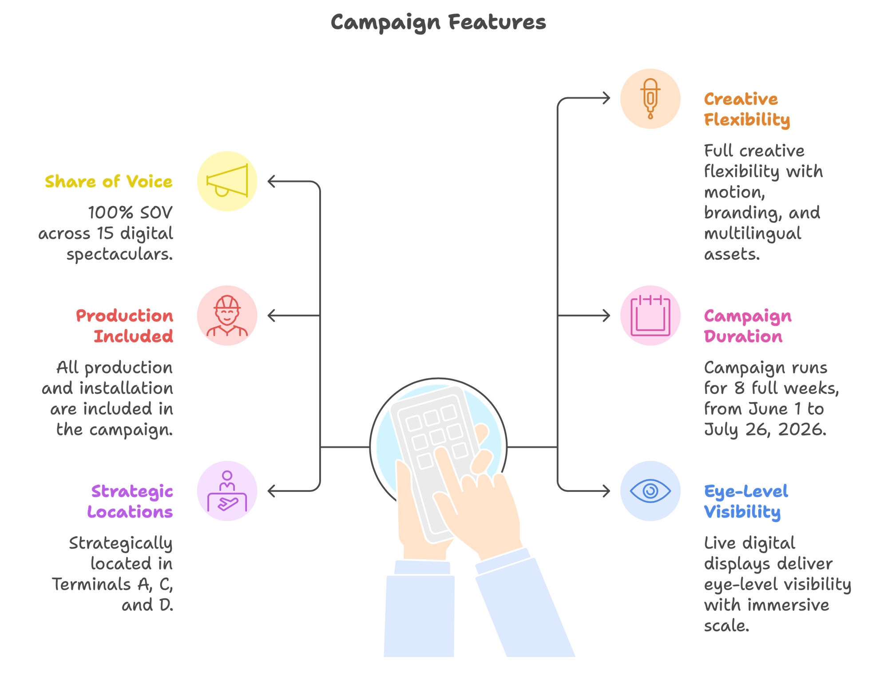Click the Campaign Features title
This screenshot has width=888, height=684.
click(x=438, y=22)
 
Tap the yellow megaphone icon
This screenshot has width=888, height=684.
click(x=227, y=181)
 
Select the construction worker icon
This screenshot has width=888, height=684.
click(x=227, y=316)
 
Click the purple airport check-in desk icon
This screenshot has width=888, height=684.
click(x=227, y=491)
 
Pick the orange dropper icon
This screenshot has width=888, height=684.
click(x=650, y=99)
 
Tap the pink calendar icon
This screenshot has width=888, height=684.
click(x=650, y=316)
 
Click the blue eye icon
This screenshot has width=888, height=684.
click(x=650, y=491)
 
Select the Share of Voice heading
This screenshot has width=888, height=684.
click(x=109, y=182)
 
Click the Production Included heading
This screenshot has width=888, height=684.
click(x=125, y=326)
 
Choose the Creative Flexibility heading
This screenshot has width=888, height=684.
click(x=747, y=109)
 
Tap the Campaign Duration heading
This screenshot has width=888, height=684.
click(x=748, y=326)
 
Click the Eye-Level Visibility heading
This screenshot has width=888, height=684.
click(x=746, y=502)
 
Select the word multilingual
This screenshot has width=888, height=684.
click(x=753, y=234)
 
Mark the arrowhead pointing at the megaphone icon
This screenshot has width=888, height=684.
click(x=271, y=181)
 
